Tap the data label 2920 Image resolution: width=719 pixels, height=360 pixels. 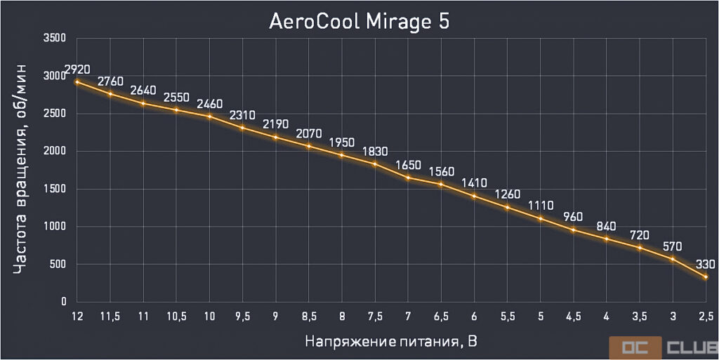(x=79, y=69)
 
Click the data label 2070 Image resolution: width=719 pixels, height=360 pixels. (x=308, y=133)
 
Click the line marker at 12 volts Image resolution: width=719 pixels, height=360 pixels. (x=77, y=82)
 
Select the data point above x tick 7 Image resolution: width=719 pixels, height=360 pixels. (x=407, y=178)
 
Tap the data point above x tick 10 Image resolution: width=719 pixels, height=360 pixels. (x=209, y=116)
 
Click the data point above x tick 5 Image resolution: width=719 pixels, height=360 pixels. (x=540, y=218)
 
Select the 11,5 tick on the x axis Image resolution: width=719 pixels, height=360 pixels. (x=110, y=316)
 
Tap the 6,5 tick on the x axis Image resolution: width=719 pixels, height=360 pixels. (x=441, y=316)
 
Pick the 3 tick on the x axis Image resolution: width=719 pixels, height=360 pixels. (x=673, y=316)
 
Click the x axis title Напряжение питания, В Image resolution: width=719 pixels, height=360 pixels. (x=392, y=342)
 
